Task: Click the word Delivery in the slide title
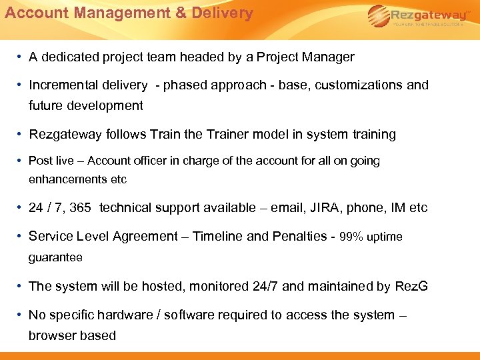220,13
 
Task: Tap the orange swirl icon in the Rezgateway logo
378,14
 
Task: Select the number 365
80,208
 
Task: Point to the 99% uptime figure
371,237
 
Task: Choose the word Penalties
301,237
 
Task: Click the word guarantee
55,257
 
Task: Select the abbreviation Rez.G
411,287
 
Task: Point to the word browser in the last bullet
52,336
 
